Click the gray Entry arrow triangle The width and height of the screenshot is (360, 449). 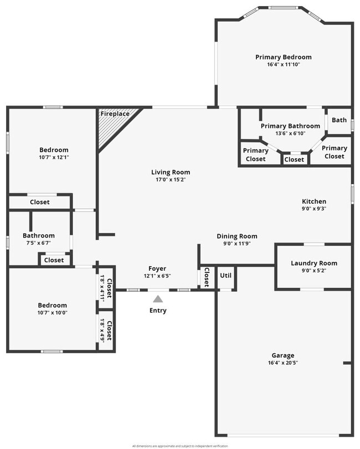tap(158, 299)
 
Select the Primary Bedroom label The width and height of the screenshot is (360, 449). tap(283, 57)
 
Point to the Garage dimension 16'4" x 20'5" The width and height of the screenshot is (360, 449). tap(282, 363)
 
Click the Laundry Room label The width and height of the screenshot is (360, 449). tap(313, 263)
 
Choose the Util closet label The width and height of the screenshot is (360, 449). tap(225, 275)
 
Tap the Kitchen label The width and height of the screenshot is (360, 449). tap(313, 202)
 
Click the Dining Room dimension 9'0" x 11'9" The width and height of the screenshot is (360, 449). tap(236, 244)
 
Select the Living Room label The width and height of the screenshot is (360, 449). tap(171, 172)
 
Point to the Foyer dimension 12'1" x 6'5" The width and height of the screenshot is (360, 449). tap(157, 276)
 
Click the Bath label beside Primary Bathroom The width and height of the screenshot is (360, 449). tap(339, 120)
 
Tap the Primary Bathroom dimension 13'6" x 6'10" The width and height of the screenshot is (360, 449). tap(290, 133)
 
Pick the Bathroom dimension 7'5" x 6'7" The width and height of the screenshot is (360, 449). tap(39, 242)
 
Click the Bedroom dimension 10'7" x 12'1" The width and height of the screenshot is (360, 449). tap(54, 157)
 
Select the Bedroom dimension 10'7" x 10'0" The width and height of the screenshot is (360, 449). tap(52, 312)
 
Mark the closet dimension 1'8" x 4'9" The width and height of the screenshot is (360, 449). tap(102, 331)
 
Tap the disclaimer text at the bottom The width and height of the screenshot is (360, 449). tap(179, 446)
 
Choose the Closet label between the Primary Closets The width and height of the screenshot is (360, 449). tap(294, 159)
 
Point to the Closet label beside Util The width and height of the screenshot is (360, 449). tap(206, 277)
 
